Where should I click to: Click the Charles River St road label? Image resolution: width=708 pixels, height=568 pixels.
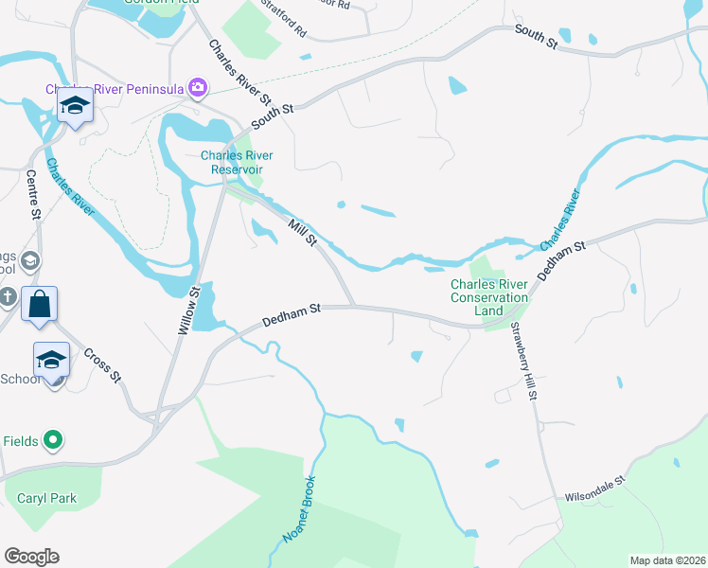point(240,72)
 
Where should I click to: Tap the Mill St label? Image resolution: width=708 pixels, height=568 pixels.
point(303,231)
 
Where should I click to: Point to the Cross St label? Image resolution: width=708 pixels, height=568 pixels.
point(102,364)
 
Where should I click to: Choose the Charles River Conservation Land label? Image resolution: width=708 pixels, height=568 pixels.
point(489,297)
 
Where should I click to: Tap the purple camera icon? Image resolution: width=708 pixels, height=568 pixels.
point(198,89)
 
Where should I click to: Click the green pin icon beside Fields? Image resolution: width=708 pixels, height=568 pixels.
point(54,440)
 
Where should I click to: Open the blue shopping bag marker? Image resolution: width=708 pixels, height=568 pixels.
point(39,305)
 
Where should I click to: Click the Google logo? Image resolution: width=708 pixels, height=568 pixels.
point(31,557)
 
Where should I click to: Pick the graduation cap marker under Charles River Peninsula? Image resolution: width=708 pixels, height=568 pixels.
point(74,105)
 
